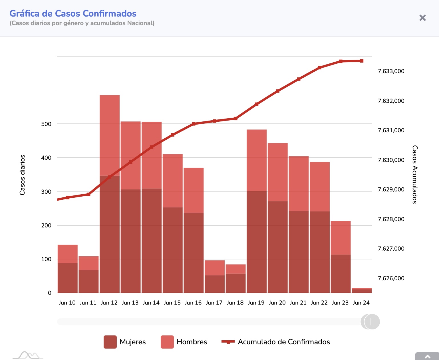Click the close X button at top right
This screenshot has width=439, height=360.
pyautogui.click(x=422, y=18)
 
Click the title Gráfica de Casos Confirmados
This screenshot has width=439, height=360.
pyautogui.click(x=73, y=13)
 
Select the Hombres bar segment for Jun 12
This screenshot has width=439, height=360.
pyautogui.click(x=110, y=135)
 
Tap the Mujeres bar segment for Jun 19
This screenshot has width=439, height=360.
pyautogui.click(x=257, y=242)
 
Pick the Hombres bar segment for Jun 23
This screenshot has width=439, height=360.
pyautogui.click(x=341, y=238)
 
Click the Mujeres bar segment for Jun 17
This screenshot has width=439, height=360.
pyautogui.click(x=215, y=284)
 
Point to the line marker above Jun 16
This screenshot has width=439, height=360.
pyautogui.click(x=194, y=124)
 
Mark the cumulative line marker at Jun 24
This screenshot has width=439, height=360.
pyautogui.click(x=362, y=61)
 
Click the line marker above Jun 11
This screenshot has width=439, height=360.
pyautogui.click(x=88, y=194)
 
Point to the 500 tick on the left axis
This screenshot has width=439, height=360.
pyautogui.click(x=46, y=124)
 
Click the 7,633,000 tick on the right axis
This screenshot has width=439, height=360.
pyautogui.click(x=391, y=71)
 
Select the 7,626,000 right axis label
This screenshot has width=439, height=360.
pyautogui.click(x=391, y=278)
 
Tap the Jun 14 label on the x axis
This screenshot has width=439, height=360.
pyautogui.click(x=151, y=303)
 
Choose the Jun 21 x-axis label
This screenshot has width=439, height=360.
pyautogui.click(x=298, y=303)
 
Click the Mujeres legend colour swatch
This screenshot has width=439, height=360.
pyautogui.click(x=110, y=342)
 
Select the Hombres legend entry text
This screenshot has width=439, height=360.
pyautogui.click(x=192, y=342)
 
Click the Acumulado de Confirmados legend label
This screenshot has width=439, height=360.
pyautogui.click(x=284, y=342)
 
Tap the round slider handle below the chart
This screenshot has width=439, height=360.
pyautogui.click(x=371, y=322)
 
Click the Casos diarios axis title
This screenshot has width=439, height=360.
pyautogui.click(x=22, y=175)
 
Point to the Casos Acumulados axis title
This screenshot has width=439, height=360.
pyautogui.click(x=415, y=174)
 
